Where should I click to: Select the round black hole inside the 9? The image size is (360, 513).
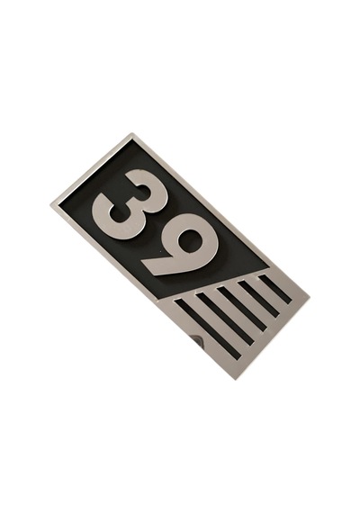(x=191, y=240)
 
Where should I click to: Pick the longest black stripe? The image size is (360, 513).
(x=208, y=328)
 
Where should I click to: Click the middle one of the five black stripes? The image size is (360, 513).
(x=241, y=308)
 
